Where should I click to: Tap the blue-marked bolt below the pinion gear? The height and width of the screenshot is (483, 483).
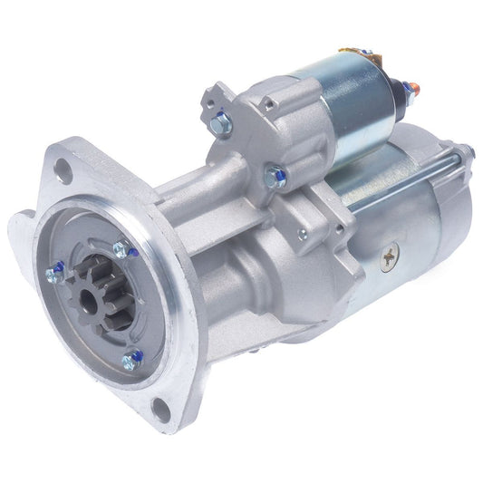pyautogui.click(x=132, y=361)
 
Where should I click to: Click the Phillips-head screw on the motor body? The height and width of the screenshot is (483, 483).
pyautogui.click(x=389, y=259)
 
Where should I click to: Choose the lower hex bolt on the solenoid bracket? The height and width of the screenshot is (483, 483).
pyautogui.click(x=276, y=177)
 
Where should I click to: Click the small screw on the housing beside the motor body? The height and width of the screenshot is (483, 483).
pyautogui.click(x=301, y=235)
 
